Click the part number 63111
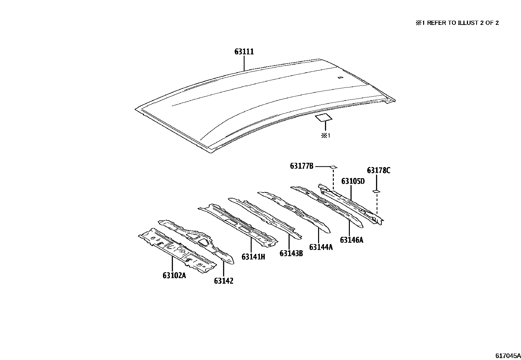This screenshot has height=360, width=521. pyautogui.click(x=244, y=52)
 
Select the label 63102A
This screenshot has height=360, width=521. pyautogui.click(x=174, y=275)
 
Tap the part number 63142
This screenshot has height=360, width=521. pyautogui.click(x=224, y=281)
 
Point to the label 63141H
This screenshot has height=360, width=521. pyautogui.click(x=253, y=256)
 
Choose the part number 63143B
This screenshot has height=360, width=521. pyautogui.click(x=291, y=253)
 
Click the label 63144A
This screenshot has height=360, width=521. pyautogui.click(x=321, y=247)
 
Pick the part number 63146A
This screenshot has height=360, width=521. pyautogui.click(x=351, y=240)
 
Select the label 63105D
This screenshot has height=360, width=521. pyautogui.click(x=353, y=181)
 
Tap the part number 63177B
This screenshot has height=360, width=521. pyautogui.click(x=301, y=166)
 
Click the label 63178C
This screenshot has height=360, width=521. pyautogui.click(x=378, y=170)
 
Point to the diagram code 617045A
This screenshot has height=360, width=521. pyautogui.click(x=508, y=356)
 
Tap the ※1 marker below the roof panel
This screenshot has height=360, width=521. pyautogui.click(x=325, y=135)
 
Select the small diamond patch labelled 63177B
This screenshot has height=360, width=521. pyautogui.click(x=333, y=167)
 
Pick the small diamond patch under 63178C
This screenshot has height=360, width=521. pyautogui.click(x=376, y=191)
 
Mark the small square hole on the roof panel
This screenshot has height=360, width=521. pyautogui.click(x=340, y=78)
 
